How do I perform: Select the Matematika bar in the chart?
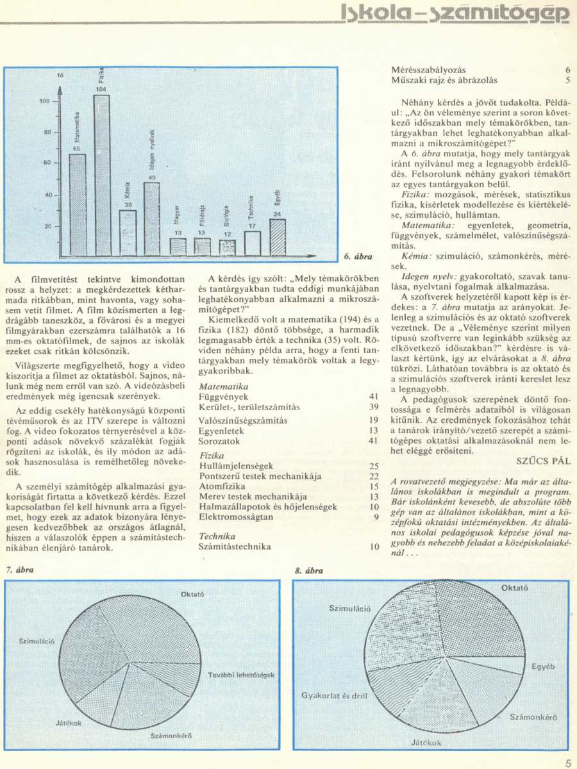[78, 205]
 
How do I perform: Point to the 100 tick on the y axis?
[44, 101]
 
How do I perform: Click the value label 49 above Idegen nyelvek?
[152, 177]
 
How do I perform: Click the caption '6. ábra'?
[358, 256]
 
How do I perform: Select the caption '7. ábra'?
[19, 570]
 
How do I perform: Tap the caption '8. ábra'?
[309, 570]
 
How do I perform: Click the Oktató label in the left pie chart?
[192, 594]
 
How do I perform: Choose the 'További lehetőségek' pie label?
[241, 675]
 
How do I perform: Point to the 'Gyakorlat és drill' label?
[331, 695]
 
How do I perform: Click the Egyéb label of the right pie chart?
[543, 667]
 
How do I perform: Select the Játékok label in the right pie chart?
[426, 743]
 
